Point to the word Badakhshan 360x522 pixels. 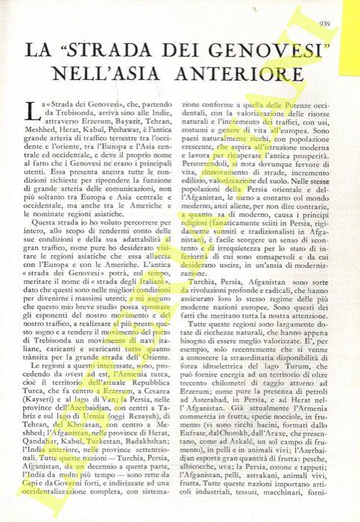[x=148, y=421]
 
